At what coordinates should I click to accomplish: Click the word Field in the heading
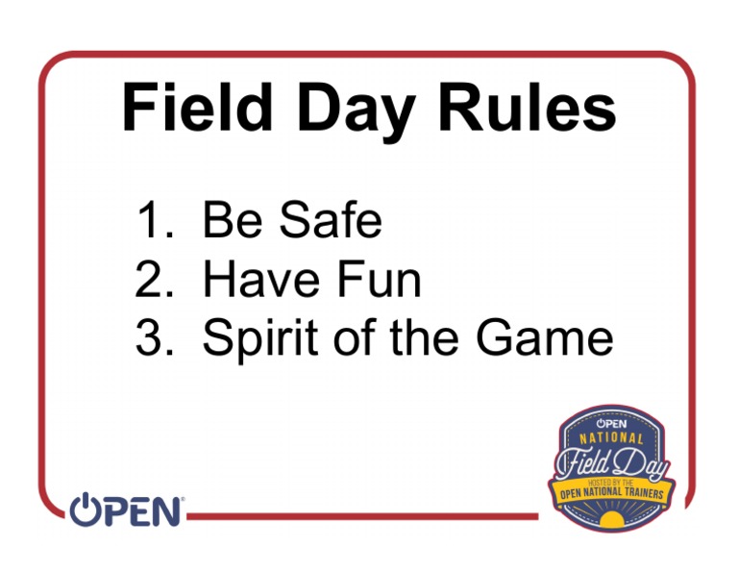tap(197, 108)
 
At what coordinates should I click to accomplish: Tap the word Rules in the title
tap(528, 108)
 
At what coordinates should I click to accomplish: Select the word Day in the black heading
tap(357, 112)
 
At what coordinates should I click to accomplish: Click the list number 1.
tap(156, 219)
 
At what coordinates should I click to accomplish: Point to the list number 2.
tap(155, 279)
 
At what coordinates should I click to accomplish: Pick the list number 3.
tap(155, 337)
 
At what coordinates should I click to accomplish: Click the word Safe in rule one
tap(331, 219)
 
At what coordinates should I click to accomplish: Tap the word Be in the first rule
tap(232, 219)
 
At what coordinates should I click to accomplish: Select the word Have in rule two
tap(261, 279)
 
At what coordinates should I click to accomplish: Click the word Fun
tap(379, 279)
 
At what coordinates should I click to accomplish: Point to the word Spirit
tap(259, 340)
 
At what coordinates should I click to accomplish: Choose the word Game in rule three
tap(545, 337)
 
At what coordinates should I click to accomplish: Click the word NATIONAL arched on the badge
tap(611, 438)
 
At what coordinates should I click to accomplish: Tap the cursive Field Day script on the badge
tap(612, 464)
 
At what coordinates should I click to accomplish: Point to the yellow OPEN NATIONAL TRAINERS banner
tap(612, 493)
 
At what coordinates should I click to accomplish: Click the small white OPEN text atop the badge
tap(611, 423)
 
